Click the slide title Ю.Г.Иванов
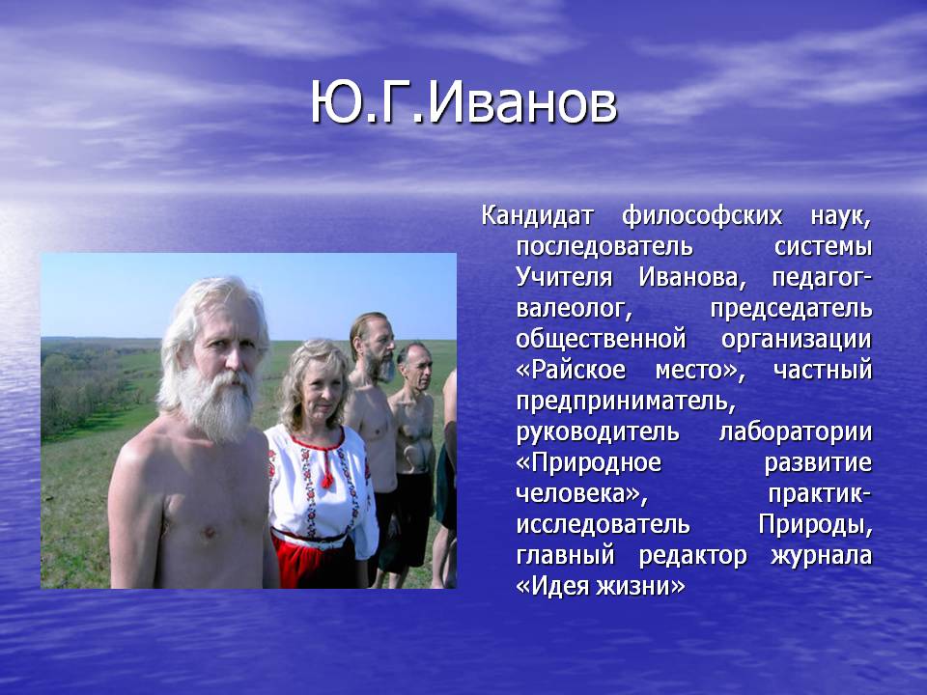464,103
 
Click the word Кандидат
537,215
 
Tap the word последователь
604,247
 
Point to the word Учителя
564,278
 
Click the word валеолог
574,309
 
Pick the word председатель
791,309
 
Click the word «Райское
571,371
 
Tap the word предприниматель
626,402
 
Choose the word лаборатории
796,432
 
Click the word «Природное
589,463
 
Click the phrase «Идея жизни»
601,587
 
